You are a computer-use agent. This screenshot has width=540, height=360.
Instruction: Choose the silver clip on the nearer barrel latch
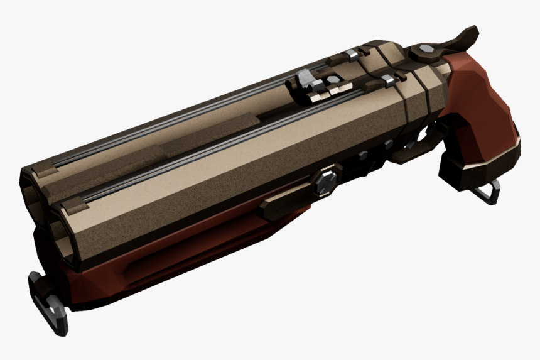pyautogui.click(x=387, y=79)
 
